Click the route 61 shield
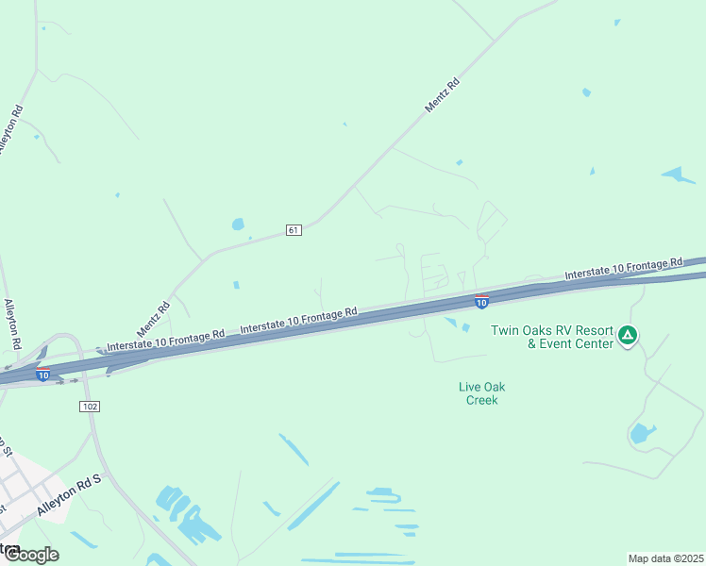294,230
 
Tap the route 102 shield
90,406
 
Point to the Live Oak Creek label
481,393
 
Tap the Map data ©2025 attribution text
665,558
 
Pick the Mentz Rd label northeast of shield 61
442,96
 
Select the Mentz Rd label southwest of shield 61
153,319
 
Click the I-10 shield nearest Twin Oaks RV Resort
481,302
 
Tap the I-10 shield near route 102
43,375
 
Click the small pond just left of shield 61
238,225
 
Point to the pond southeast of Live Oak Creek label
642,434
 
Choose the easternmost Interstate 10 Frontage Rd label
623,268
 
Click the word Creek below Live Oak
481,400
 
